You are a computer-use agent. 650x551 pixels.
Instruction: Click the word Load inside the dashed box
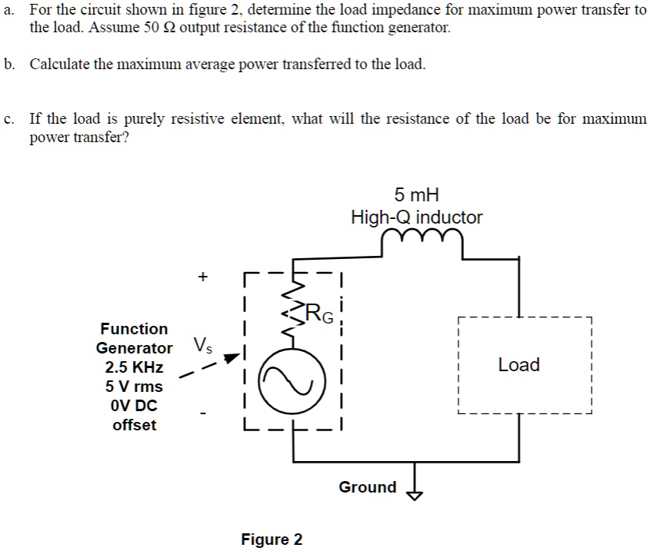518,365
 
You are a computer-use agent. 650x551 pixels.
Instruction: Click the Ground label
368,487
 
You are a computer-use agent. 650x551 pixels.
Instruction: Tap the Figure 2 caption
272,539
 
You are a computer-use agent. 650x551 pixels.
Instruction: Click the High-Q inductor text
416,217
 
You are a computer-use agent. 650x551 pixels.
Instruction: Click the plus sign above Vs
202,276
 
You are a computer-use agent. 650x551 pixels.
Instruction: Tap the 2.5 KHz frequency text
134,367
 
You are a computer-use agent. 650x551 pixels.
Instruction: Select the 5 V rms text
134,387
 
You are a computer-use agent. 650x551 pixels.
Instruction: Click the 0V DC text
134,405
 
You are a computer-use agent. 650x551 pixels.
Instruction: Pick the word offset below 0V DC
134,425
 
